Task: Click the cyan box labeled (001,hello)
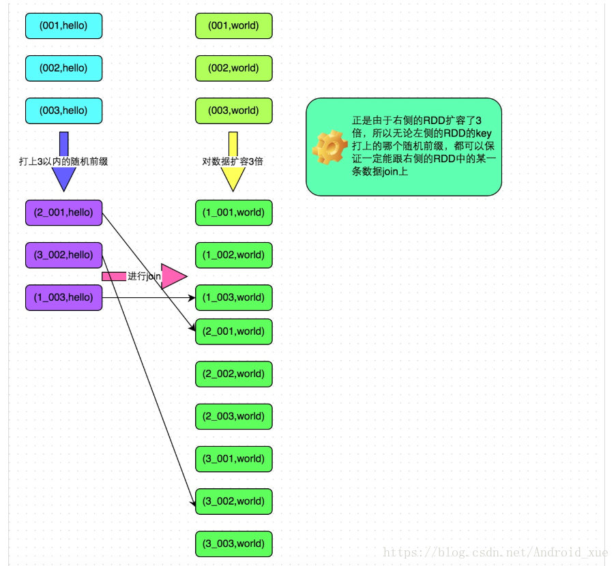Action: click(63, 26)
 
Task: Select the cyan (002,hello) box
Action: click(63, 68)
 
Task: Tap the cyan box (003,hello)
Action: click(63, 110)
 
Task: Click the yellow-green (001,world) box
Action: click(233, 26)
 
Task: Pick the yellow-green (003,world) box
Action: click(233, 110)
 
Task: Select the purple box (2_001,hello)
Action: click(63, 213)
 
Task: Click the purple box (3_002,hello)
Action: click(63, 255)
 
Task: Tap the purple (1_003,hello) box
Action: click(63, 297)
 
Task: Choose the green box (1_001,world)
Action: click(233, 213)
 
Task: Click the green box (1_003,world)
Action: click(233, 297)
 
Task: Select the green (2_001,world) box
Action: click(233, 331)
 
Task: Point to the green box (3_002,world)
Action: click(233, 501)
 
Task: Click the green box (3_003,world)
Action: click(233, 543)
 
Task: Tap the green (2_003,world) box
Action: click(233, 416)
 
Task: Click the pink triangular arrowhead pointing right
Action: click(172, 276)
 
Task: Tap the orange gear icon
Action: click(329, 147)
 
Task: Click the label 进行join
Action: click(144, 276)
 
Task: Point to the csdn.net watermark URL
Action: click(495, 552)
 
